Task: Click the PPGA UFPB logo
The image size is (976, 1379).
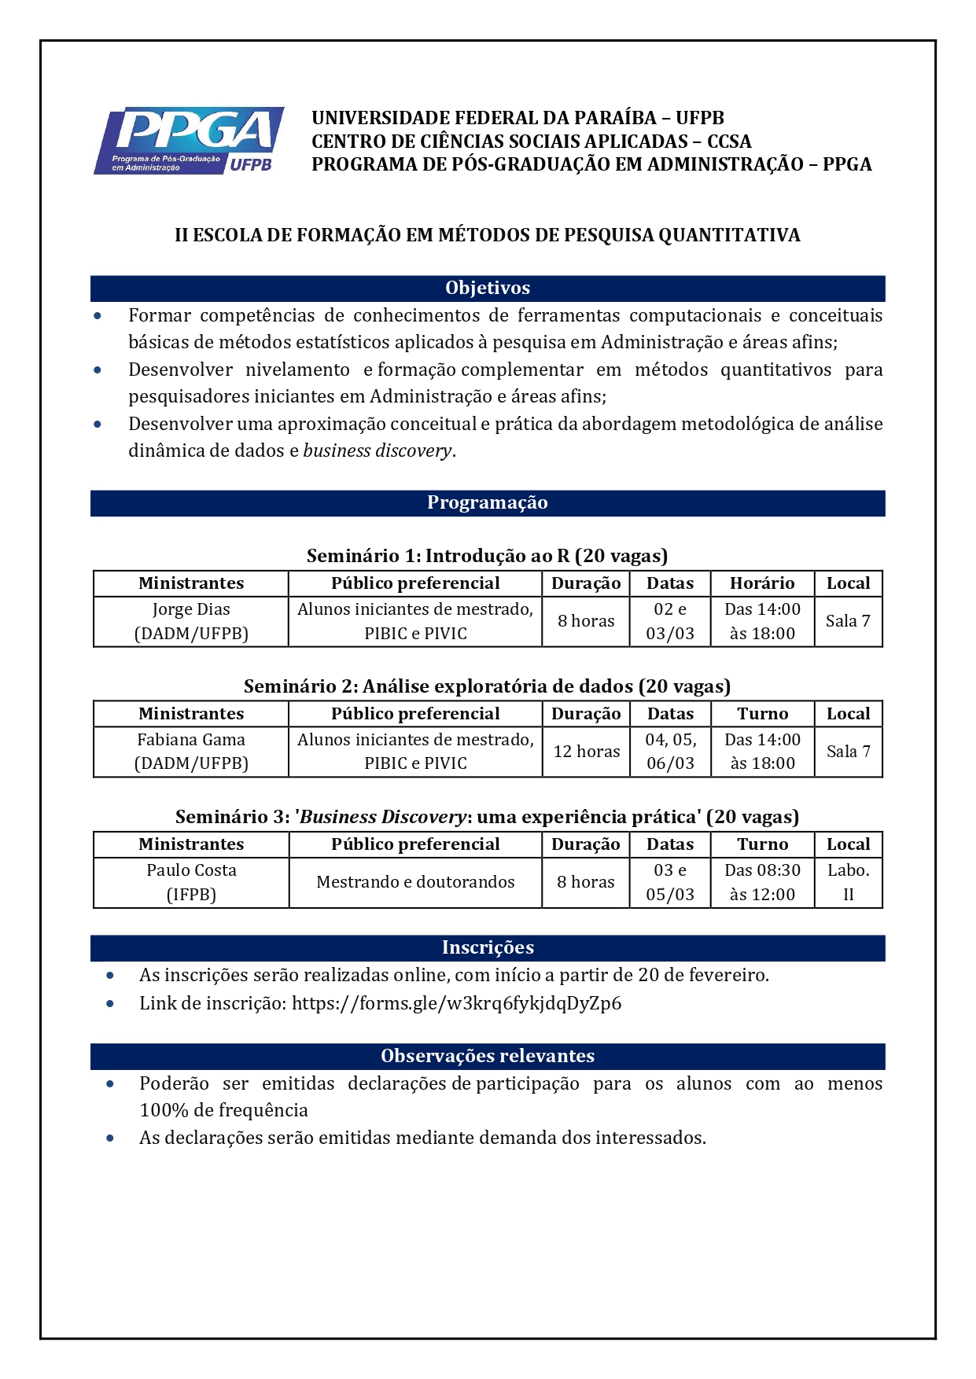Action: click(x=189, y=142)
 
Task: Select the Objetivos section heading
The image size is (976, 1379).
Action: click(x=488, y=289)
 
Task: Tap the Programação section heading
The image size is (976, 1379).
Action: click(x=488, y=503)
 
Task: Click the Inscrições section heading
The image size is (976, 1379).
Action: click(x=488, y=948)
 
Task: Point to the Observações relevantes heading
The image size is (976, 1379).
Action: click(x=488, y=1057)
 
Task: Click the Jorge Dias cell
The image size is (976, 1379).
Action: click(x=191, y=621)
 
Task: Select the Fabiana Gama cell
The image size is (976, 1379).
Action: click(x=191, y=752)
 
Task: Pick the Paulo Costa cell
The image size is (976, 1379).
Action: click(x=191, y=882)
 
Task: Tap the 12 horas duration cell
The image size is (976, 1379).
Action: click(x=587, y=752)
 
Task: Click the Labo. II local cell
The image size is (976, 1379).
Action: click(x=849, y=882)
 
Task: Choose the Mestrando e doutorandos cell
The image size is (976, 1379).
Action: click(x=415, y=882)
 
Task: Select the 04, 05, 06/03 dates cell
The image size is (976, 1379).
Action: click(x=670, y=752)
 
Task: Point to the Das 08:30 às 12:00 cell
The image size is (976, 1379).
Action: click(x=762, y=882)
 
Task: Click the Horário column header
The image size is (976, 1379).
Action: click(x=762, y=583)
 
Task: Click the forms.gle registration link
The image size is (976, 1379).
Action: click(x=456, y=1003)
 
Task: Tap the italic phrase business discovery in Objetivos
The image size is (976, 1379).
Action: click(x=378, y=451)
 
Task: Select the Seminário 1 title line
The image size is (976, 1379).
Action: click(x=488, y=557)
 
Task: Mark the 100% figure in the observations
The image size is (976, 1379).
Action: click(x=164, y=1111)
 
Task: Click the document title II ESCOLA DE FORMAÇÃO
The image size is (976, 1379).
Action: click(x=488, y=235)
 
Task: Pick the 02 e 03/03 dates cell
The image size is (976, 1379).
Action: click(x=670, y=621)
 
